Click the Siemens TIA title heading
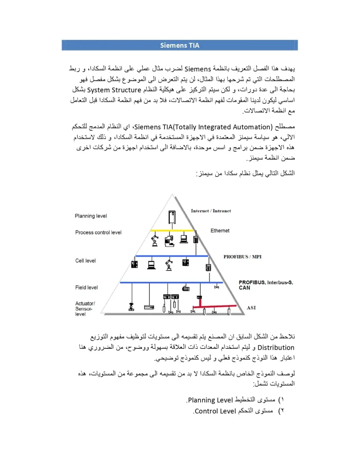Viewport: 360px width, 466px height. tap(180, 45)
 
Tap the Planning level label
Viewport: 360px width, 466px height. tap(91, 216)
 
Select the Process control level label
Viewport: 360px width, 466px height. tap(98, 233)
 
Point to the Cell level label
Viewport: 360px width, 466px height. tap(86, 261)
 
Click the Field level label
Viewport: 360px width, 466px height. tap(87, 287)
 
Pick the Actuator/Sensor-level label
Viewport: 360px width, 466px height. tap(85, 309)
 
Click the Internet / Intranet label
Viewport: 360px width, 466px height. tap(211, 211)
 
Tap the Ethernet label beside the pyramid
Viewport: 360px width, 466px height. tap(220, 231)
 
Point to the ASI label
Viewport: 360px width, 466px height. tap(252, 308)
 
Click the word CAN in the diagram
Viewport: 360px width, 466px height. tap(244, 288)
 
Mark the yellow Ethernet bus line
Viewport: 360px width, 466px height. tap(172, 231)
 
